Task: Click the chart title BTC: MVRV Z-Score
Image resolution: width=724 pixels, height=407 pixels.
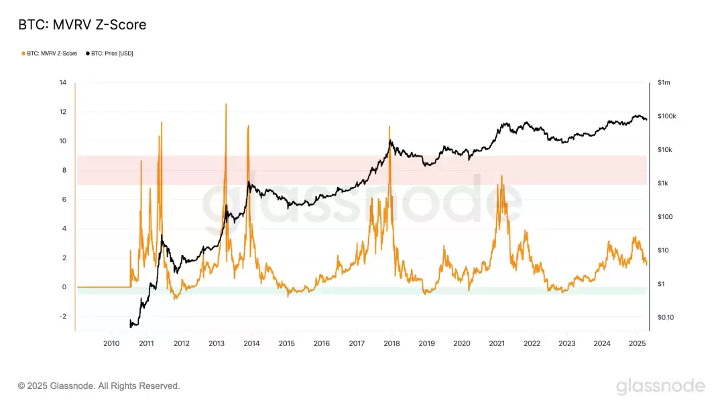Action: pyautogui.click(x=82, y=25)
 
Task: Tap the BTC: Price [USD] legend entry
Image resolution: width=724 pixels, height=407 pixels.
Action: pyautogui.click(x=111, y=54)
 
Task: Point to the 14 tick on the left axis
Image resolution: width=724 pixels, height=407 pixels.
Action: pyautogui.click(x=62, y=82)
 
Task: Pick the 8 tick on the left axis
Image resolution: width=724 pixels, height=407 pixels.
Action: pyautogui.click(x=64, y=170)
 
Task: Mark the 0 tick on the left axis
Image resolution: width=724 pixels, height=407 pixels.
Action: pyautogui.click(x=64, y=287)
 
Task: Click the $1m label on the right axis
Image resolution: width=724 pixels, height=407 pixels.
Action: pyautogui.click(x=664, y=82)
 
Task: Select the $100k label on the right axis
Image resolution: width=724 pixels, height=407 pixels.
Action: pyautogui.click(x=666, y=116)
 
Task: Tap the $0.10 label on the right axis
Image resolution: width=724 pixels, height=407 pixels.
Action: pyautogui.click(x=666, y=317)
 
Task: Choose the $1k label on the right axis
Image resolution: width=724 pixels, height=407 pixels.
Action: pyautogui.click(x=663, y=183)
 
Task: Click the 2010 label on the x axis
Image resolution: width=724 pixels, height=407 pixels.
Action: pyautogui.click(x=111, y=343)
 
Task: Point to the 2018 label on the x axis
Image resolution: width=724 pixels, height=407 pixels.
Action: pyautogui.click(x=391, y=343)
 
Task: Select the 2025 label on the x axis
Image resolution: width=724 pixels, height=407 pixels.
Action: pyautogui.click(x=637, y=343)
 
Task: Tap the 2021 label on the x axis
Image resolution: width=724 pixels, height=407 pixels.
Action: pyautogui.click(x=497, y=343)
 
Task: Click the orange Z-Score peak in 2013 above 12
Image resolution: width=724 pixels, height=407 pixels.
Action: pyautogui.click(x=226, y=104)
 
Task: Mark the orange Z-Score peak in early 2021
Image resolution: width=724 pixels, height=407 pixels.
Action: pyautogui.click(x=501, y=176)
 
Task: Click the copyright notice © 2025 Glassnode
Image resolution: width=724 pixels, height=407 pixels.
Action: pyautogui.click(x=99, y=386)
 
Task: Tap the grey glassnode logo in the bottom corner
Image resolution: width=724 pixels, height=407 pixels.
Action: pyautogui.click(x=660, y=386)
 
